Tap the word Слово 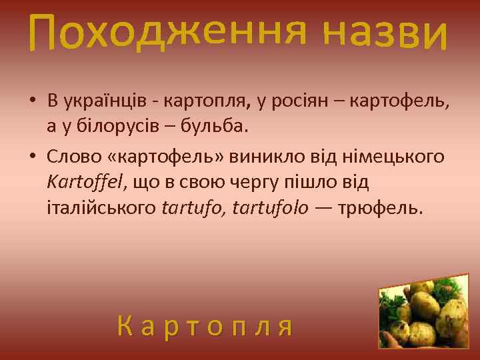pos(71,156)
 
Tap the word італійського pos(102,207)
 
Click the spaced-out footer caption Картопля pos(205,326)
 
